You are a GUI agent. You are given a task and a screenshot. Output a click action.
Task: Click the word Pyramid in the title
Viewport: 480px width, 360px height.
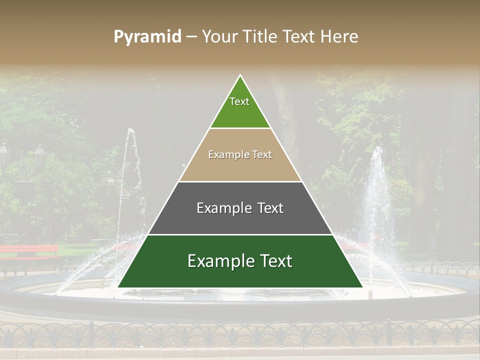147,37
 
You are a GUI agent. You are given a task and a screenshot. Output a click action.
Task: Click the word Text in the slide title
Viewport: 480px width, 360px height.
300,37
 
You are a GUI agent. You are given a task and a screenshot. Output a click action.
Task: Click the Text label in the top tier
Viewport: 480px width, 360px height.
239,101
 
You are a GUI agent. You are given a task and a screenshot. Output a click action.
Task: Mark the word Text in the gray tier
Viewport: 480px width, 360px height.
270,208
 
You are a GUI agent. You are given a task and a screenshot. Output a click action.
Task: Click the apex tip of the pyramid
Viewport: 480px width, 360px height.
240,76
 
